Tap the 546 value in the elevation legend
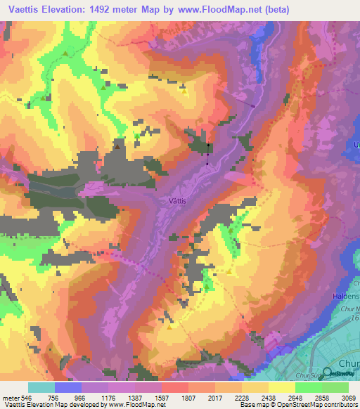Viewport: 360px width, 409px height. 27,397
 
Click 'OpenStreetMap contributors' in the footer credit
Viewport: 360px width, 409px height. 315,405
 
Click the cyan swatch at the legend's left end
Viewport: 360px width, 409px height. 41,387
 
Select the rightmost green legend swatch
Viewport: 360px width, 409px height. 335,387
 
